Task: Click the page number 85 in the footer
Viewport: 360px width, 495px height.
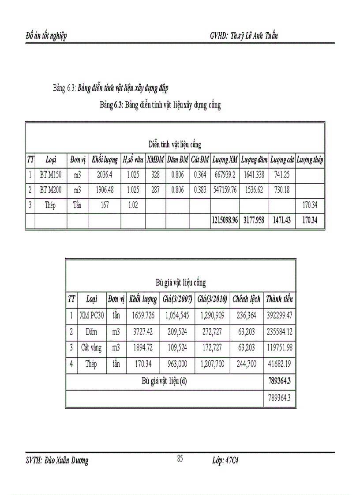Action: [x=180, y=458]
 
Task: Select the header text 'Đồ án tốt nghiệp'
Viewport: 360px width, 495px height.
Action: [x=47, y=36]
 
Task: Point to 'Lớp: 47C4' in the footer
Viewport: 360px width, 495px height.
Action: [x=225, y=461]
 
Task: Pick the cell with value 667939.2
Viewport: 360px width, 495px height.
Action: [x=225, y=175]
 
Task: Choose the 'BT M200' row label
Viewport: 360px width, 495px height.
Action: [x=51, y=190]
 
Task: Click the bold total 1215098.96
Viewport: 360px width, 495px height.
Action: [x=225, y=220]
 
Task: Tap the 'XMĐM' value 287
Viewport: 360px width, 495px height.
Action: [x=155, y=190]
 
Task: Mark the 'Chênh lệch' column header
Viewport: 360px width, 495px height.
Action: [x=247, y=299]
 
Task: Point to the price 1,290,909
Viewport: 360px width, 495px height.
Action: [x=213, y=315]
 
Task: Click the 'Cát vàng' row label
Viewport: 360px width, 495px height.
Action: [x=91, y=348]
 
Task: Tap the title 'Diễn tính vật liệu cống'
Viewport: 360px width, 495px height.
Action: [x=175, y=145]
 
